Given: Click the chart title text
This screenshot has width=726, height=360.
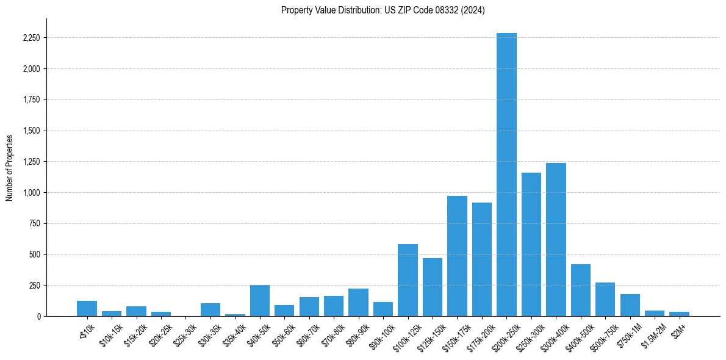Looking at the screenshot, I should (x=383, y=10).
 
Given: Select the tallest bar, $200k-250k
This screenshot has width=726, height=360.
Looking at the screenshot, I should (x=506, y=175).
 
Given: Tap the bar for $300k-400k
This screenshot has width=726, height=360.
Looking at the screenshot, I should (x=556, y=239).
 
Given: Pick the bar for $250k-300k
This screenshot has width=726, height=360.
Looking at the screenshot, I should (x=531, y=244).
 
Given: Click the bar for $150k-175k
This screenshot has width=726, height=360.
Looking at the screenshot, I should (x=457, y=256).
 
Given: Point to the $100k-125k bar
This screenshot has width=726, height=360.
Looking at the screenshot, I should (x=408, y=280).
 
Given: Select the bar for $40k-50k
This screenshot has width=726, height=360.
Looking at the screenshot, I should (x=260, y=301).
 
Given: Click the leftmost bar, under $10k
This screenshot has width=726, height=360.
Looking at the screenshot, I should (x=87, y=309).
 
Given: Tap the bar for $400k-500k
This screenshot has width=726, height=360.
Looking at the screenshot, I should (x=580, y=290).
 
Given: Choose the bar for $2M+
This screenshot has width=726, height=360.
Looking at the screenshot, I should (x=679, y=314).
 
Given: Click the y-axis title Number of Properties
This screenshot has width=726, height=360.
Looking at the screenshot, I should (x=10, y=167).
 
